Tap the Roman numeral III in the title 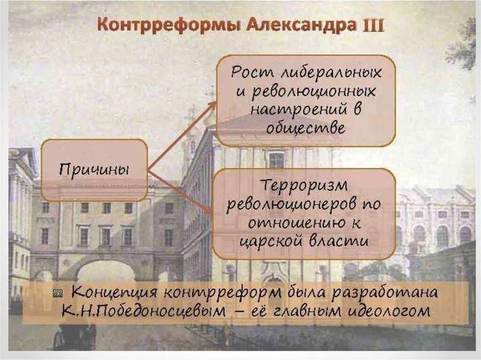pyautogui.click(x=372, y=25)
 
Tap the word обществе pyautogui.click(x=305, y=128)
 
